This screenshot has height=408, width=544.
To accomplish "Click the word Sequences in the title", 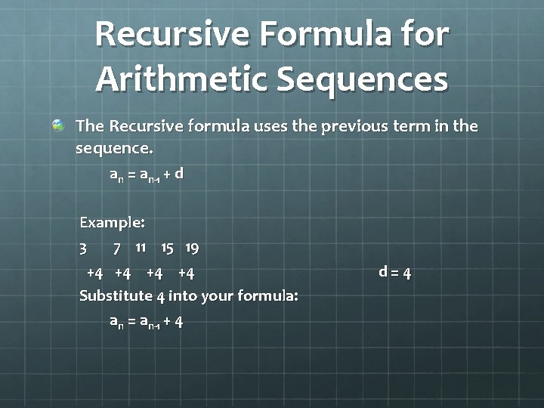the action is click(x=363, y=81).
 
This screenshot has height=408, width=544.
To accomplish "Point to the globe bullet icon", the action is click(x=58, y=125).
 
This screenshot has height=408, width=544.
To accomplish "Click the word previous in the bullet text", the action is click(x=354, y=126).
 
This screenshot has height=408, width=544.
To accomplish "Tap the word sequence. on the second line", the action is click(x=114, y=149).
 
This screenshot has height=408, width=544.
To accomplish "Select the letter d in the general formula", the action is click(x=178, y=173).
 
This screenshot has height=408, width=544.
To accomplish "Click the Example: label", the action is click(x=112, y=223).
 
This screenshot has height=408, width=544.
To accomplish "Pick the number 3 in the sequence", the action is click(x=83, y=249).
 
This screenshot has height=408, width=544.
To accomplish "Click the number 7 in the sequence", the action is click(x=117, y=249).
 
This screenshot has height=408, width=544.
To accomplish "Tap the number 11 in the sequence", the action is click(x=141, y=248).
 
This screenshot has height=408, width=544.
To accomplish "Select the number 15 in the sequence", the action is click(x=167, y=249).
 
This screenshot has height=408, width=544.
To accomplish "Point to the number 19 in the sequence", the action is click(x=192, y=249).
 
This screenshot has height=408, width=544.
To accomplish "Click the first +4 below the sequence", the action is click(x=94, y=274).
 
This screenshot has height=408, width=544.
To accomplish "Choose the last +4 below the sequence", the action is click(x=186, y=274).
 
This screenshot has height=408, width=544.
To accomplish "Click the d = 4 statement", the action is click(x=395, y=273).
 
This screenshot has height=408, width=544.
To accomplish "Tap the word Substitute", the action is click(x=116, y=296).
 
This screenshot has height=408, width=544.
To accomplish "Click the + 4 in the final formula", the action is click(x=173, y=322).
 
